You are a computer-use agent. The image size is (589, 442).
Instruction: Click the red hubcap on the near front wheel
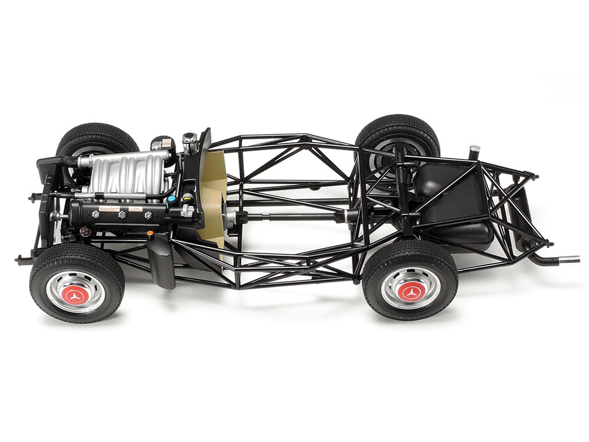coord(76,292)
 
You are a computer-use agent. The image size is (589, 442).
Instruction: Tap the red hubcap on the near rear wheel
coord(410,289)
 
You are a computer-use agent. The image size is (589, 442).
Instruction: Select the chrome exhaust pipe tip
coord(568,258)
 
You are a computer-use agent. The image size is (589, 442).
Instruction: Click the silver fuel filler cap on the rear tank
coord(474,150)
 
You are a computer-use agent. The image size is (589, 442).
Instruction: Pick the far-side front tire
coord(97,138)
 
